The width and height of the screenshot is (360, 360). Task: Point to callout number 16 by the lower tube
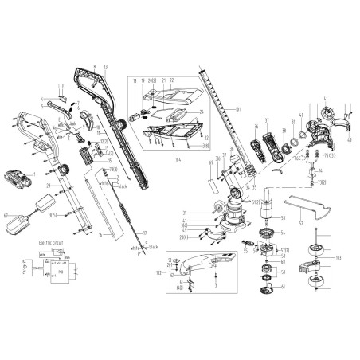[x=100, y=236]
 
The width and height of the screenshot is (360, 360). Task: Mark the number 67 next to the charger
[x=7, y=213]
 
